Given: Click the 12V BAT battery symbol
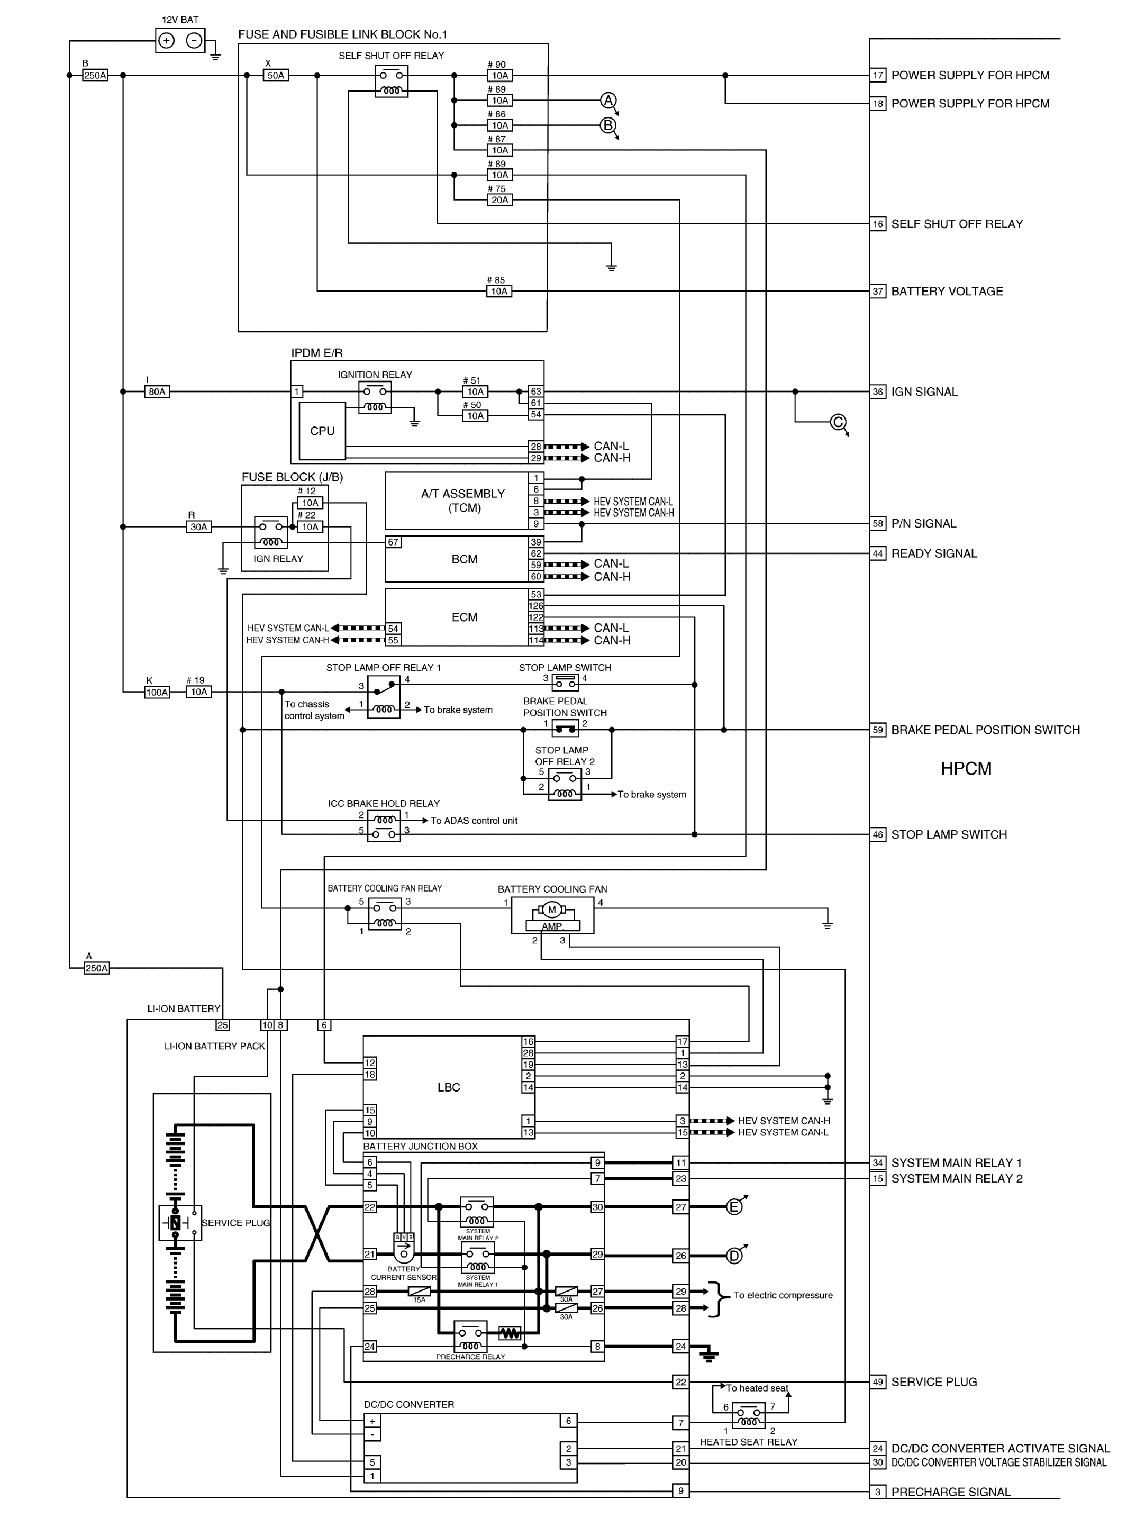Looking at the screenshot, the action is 180,41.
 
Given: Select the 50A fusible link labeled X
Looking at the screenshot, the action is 276,75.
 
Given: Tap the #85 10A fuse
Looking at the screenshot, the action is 499,291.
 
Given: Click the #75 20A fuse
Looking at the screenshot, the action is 500,200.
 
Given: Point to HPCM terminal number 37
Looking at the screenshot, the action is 878,291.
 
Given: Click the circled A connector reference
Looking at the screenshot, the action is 608,101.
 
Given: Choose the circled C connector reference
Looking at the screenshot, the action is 839,422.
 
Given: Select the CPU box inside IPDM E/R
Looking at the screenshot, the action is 323,431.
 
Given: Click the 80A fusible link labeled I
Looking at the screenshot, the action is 157,392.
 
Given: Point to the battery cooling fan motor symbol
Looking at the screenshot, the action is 552,909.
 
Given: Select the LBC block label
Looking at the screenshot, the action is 449,1087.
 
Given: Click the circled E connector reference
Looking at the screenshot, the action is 734,1206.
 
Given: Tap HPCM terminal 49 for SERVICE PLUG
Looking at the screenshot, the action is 878,1381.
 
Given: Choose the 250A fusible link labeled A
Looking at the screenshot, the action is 96,968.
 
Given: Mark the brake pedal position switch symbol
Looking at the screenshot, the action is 565,729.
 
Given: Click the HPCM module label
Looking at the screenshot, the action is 966,769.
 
